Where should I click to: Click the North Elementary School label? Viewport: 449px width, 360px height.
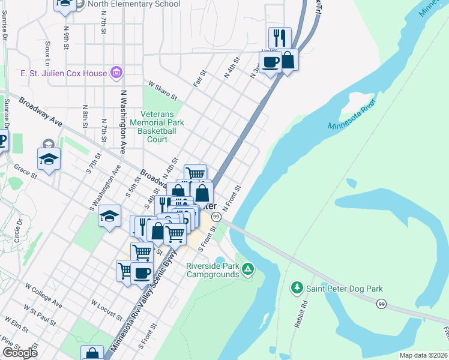click(x=133, y=4)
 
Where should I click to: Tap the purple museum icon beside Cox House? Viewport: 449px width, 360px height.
click(x=116, y=74)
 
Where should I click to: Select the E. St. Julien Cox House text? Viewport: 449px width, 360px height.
click(x=64, y=74)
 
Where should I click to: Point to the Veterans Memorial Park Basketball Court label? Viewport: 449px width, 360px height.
click(x=157, y=127)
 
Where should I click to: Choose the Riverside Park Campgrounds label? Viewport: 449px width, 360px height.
click(x=212, y=270)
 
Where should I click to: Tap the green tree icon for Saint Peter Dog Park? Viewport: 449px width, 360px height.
click(x=296, y=289)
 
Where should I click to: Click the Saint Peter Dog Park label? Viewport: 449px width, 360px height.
click(x=345, y=289)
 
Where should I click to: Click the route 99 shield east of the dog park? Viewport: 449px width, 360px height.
click(x=381, y=304)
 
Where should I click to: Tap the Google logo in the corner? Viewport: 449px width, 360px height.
click(x=20, y=353)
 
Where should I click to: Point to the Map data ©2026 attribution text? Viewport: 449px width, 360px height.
click(x=424, y=355)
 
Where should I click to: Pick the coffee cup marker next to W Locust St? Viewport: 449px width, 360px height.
click(x=142, y=273)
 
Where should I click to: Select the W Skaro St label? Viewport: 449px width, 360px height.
click(x=163, y=92)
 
